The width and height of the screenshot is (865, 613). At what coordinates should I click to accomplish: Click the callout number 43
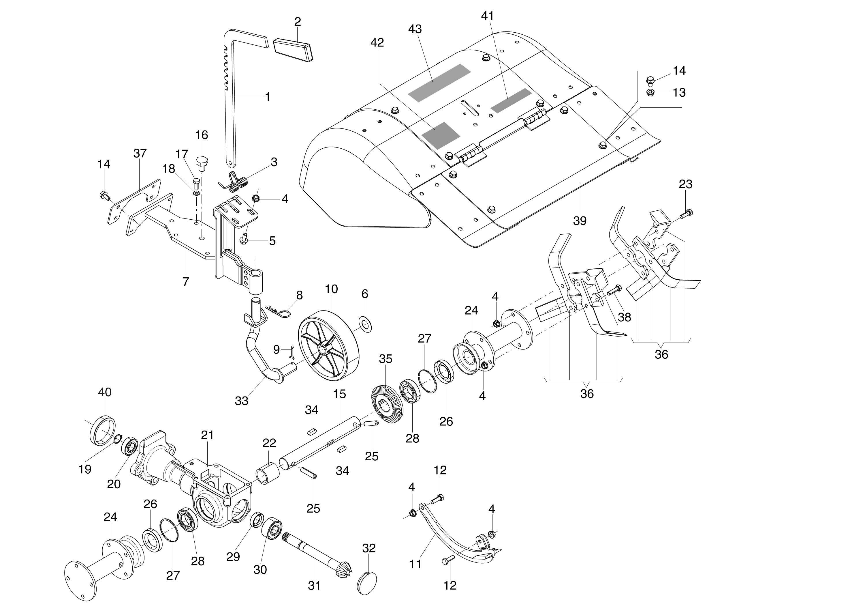[x=415, y=29]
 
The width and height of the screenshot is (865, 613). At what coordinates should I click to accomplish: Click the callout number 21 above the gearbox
[x=207, y=435]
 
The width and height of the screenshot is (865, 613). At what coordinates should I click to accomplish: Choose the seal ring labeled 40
[x=103, y=430]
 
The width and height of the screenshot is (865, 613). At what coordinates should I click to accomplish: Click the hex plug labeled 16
[x=202, y=162]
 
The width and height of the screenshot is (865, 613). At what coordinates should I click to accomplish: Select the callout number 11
[x=415, y=564]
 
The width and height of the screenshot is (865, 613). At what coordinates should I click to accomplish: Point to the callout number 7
[x=185, y=281]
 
